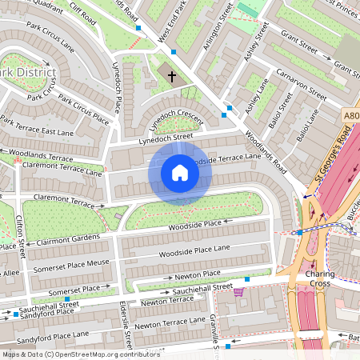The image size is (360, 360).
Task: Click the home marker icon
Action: [x=180, y=173]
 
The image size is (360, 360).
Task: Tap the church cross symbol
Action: [x=172, y=76]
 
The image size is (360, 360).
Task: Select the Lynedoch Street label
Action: [x=166, y=138]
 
